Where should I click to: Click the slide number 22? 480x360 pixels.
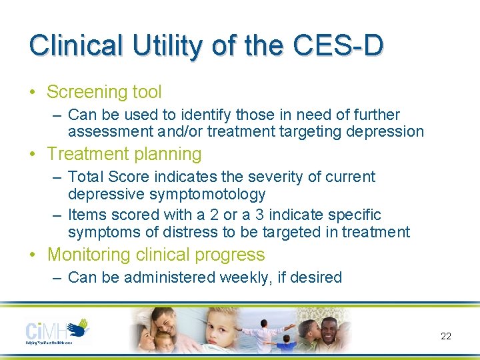pos(446,336)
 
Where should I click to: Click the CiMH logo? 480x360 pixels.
pos(57,331)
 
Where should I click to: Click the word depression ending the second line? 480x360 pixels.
pos(385,132)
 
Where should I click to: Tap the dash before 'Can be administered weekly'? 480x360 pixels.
pos(57,277)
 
